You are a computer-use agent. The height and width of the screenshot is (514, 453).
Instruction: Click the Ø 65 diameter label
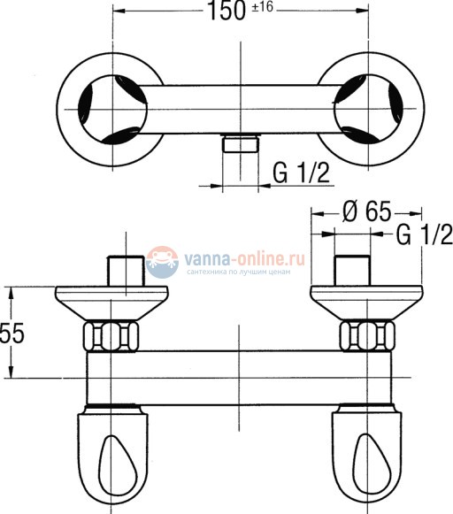367,212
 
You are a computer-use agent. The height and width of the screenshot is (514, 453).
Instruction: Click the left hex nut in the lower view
111,336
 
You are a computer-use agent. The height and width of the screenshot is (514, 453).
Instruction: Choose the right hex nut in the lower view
365,336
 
